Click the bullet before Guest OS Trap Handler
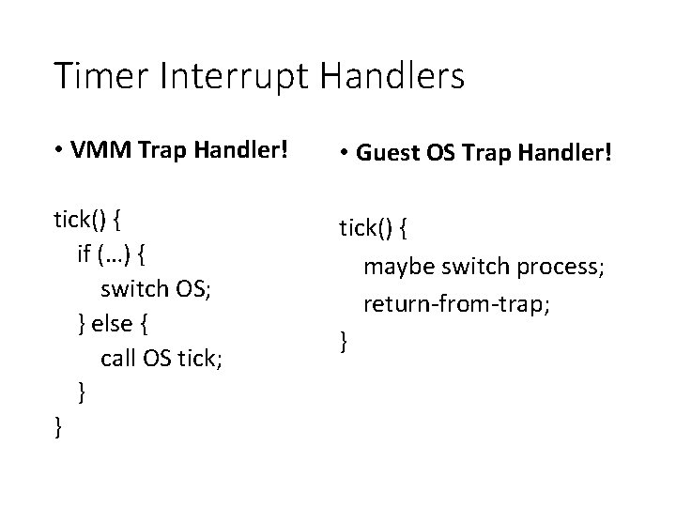click(x=346, y=152)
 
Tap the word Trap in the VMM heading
click(x=163, y=151)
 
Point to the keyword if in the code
click(x=84, y=254)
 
